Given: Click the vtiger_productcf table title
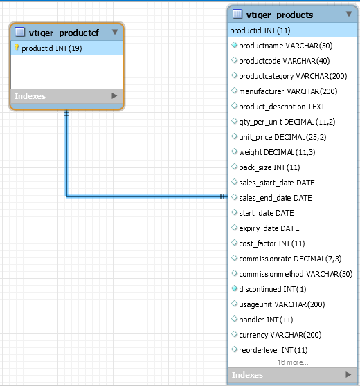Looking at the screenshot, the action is coord(64,33).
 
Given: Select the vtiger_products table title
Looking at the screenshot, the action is coord(280,15).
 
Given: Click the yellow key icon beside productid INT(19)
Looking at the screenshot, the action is coord(17,48).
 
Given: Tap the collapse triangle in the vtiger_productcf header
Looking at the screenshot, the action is coord(115,32).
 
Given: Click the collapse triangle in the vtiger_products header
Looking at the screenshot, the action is coord(349,14).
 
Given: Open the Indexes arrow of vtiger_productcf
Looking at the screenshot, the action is coord(114,95).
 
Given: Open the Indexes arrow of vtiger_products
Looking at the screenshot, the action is coord(348,374).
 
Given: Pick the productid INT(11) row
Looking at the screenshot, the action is coord(260,30).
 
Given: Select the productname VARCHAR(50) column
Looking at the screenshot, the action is coord(286,46).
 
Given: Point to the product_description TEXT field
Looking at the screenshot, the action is coord(282,107).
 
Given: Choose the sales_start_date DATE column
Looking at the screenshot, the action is coord(277,183).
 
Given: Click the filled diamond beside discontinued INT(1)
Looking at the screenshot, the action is coord(234,288).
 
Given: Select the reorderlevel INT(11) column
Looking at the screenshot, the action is coord(273,350).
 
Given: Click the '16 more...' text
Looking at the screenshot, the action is coord(293,362).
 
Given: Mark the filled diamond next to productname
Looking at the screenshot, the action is coord(234,45).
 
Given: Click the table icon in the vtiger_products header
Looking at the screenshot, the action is coord(237,14).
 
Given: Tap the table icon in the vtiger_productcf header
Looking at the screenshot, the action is coord(20,32).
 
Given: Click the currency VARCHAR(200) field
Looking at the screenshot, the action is coord(280,335).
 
